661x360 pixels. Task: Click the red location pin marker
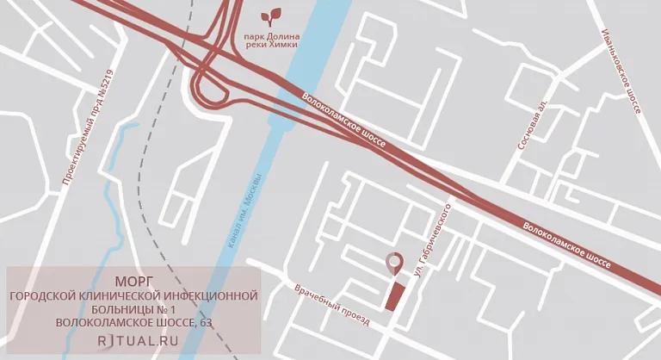click(x=395, y=263)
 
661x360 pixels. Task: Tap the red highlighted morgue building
click(x=395, y=295)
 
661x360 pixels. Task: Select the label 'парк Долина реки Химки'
click(x=272, y=40)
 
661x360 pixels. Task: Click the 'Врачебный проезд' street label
click(x=331, y=307)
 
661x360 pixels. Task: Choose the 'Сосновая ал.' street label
click(x=531, y=126)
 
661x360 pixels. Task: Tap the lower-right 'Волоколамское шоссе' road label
click(x=566, y=248)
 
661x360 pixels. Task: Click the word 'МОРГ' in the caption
click(x=133, y=281)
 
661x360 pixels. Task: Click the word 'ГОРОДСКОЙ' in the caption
click(x=43, y=295)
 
